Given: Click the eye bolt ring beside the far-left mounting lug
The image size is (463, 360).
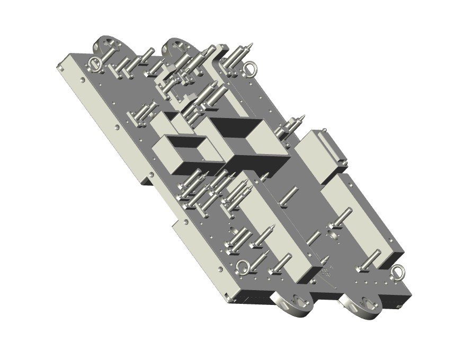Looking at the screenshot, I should tap(95, 64).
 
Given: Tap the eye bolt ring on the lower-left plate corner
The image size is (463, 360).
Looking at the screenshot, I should tap(243, 268).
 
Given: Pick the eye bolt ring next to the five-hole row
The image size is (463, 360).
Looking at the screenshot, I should tap(398, 272).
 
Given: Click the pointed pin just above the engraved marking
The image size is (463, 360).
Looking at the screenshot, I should tap(324, 259).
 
